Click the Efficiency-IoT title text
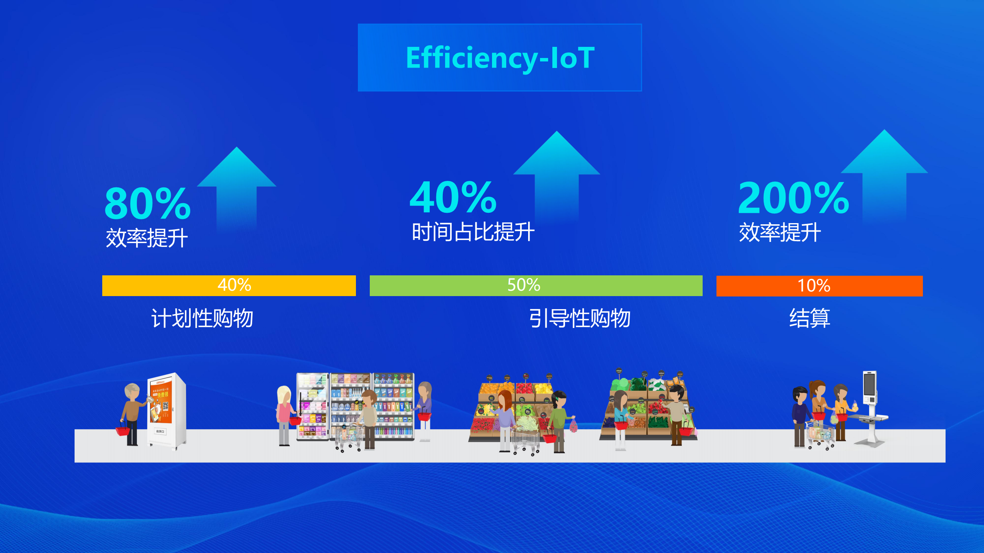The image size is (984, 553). click(x=500, y=58)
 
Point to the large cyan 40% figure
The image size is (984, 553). click(x=453, y=197)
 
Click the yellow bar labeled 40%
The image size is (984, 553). click(x=229, y=285)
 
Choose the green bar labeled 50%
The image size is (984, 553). click(x=536, y=285)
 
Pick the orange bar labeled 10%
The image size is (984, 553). click(x=819, y=286)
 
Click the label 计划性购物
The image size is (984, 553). click(x=202, y=318)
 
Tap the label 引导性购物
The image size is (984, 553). click(x=580, y=318)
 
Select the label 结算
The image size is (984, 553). click(x=810, y=318)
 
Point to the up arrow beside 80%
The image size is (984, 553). click(x=237, y=188)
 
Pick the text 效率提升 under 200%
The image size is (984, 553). click(x=780, y=232)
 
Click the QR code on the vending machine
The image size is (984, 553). click(x=166, y=406)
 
